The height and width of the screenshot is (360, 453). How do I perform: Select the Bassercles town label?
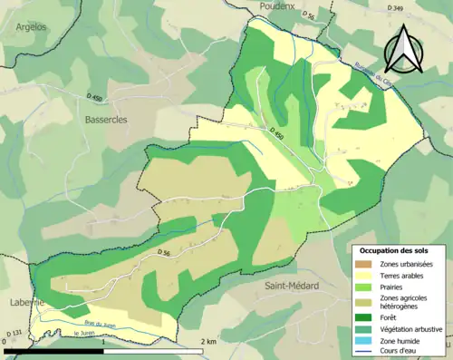[106, 119]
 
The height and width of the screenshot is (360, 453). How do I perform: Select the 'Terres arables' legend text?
[406, 276]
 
